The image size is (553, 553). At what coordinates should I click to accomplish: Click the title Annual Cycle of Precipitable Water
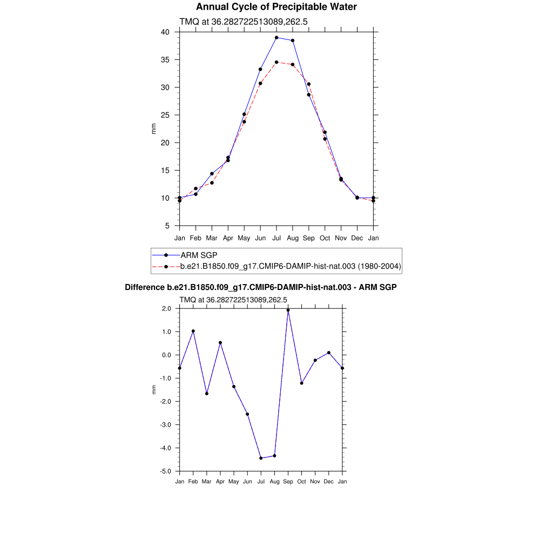[x=276, y=7]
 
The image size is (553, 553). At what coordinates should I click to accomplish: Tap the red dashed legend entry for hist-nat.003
[x=291, y=266]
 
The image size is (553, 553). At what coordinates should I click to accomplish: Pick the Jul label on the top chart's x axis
[x=276, y=238]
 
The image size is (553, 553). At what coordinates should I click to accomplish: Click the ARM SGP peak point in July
[x=276, y=38]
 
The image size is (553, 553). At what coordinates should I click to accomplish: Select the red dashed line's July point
[x=276, y=62]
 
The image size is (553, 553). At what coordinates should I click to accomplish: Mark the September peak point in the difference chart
[x=288, y=310]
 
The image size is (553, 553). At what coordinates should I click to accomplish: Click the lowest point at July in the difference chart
[x=261, y=458]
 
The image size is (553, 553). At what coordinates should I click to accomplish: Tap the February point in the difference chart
[x=193, y=331]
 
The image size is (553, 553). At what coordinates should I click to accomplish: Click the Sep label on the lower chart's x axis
[x=288, y=481]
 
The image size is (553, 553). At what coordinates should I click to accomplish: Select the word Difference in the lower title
[x=144, y=287]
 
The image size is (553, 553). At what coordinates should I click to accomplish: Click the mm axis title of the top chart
[x=153, y=129]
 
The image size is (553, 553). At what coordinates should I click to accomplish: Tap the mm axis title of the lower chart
[x=153, y=389]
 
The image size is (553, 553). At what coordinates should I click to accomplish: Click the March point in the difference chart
[x=206, y=393]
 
